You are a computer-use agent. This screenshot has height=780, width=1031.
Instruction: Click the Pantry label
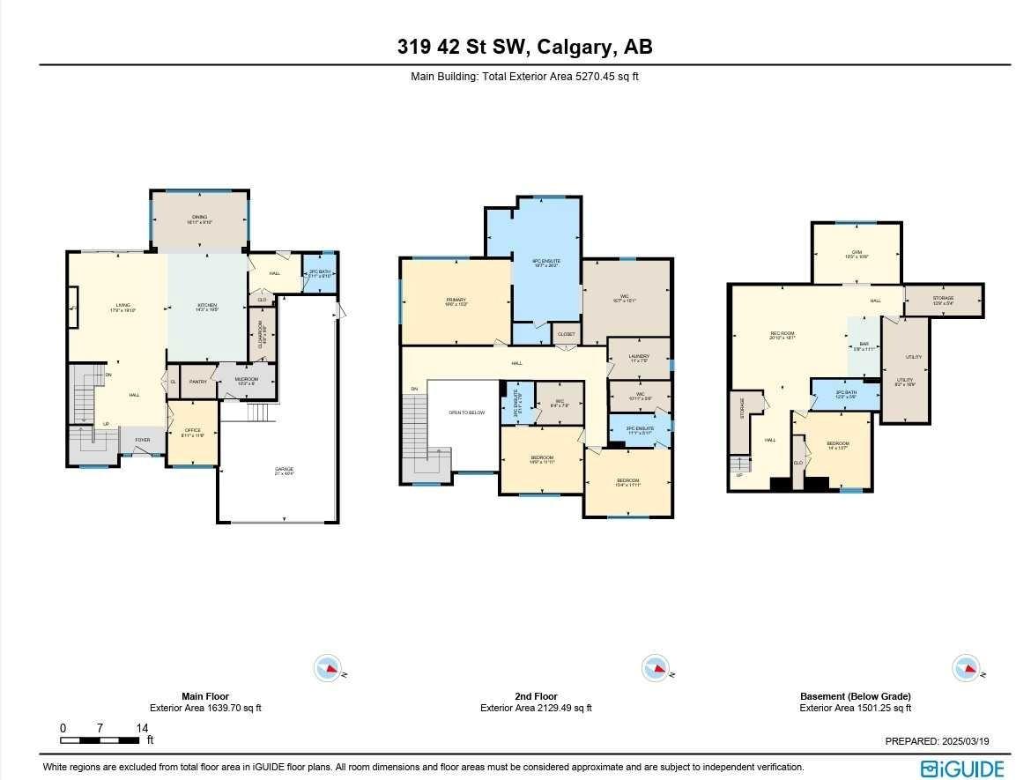[197, 382]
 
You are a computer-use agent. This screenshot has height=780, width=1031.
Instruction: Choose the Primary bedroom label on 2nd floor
[456, 301]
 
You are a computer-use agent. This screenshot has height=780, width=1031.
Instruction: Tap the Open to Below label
[467, 412]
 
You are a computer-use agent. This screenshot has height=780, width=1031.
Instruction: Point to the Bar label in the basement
[864, 345]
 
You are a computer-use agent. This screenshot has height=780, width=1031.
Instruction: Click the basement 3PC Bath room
[845, 394]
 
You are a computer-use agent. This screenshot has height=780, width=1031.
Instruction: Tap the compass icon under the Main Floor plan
[328, 668]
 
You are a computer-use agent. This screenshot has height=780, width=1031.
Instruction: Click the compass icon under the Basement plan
[966, 668]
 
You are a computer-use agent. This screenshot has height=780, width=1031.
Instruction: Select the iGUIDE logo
[962, 769]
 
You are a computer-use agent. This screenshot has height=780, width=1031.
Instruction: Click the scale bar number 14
[142, 728]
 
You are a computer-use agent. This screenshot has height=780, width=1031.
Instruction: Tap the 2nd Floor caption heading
[536, 696]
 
